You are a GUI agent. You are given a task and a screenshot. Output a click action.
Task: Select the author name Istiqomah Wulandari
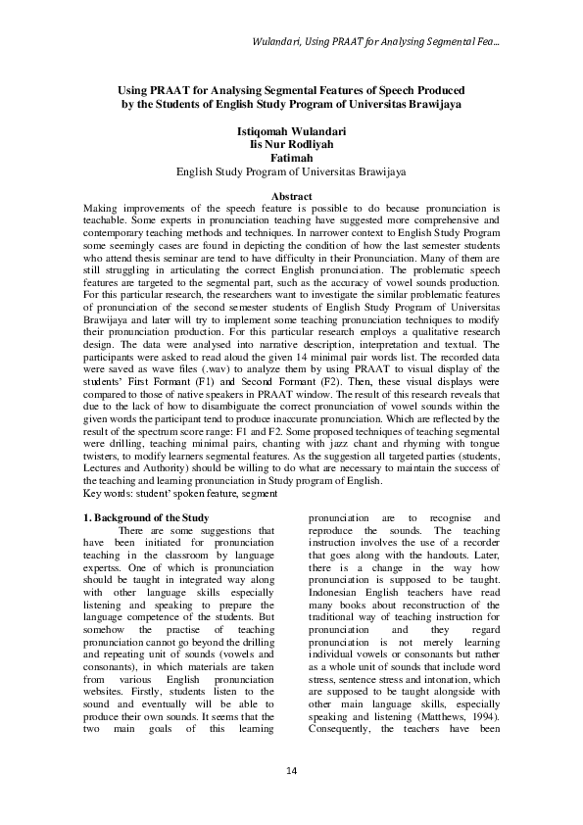291,130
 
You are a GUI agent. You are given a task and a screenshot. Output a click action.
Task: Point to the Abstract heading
291,197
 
